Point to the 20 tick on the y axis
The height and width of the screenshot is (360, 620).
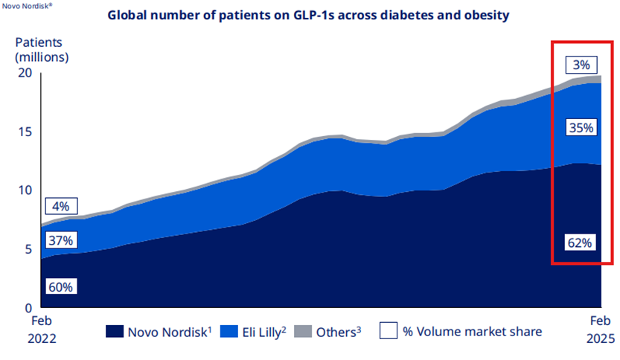(25, 73)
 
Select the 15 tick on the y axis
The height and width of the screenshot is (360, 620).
(25, 132)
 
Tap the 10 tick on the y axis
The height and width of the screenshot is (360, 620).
(25, 190)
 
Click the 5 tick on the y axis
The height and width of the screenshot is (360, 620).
(29, 249)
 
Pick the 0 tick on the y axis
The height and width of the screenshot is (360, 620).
(29, 307)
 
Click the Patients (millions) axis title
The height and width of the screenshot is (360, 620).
(42, 48)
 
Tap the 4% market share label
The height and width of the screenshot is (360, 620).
(60, 206)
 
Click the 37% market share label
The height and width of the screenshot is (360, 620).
(60, 240)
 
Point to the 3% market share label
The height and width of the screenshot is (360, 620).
(581, 65)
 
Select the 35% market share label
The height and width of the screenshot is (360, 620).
(581, 127)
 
